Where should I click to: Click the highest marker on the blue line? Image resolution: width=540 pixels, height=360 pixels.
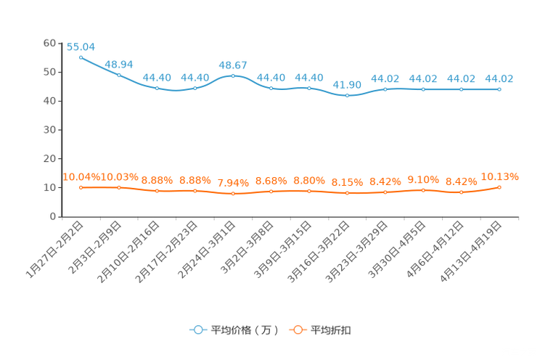[x=81, y=57]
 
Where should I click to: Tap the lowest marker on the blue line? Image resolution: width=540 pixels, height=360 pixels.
[x=347, y=95]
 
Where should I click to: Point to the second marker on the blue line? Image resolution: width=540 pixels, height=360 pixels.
[x=119, y=75]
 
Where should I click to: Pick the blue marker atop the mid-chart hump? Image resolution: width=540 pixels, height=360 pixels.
[x=233, y=75]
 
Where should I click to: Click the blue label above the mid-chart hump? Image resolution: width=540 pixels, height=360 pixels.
[x=233, y=65]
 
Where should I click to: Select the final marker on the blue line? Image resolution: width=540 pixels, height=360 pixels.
[x=499, y=89]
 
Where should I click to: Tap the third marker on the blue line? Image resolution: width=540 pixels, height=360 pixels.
[x=157, y=88]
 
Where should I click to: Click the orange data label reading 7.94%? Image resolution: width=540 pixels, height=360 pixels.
[x=233, y=184]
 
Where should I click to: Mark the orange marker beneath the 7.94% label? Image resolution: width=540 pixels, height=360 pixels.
[x=233, y=194]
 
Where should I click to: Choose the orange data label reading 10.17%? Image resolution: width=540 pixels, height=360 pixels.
[x=500, y=176]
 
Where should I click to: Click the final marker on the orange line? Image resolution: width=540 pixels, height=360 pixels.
[x=500, y=187]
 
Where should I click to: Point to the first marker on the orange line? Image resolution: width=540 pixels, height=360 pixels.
[x=81, y=187]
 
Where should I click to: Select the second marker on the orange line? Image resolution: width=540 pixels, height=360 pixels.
[x=119, y=187]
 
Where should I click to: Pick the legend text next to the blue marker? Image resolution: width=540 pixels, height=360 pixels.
[x=244, y=330]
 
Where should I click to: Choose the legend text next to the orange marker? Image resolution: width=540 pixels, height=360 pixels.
[x=331, y=330]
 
